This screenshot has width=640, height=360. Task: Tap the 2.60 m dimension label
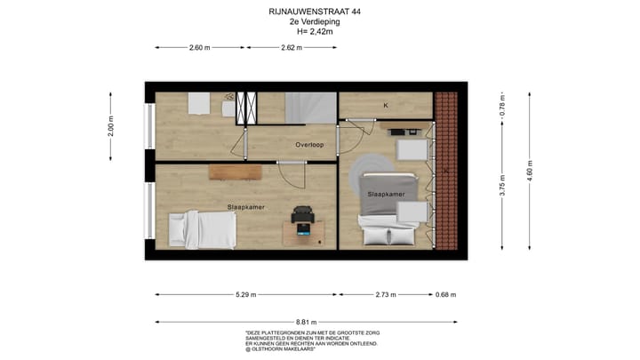tap(200, 48)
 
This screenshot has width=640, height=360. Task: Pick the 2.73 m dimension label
tap(386, 295)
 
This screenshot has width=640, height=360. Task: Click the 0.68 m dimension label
tap(446, 295)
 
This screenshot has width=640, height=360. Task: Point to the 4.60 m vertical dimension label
tap(531, 168)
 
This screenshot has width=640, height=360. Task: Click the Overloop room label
tap(309, 144)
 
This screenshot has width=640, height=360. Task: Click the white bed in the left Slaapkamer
tap(204, 229)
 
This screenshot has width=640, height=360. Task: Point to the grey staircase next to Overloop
tap(310, 108)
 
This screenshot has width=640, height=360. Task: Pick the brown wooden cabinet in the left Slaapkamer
tap(236, 172)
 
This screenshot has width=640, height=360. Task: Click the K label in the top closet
tap(386, 106)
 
